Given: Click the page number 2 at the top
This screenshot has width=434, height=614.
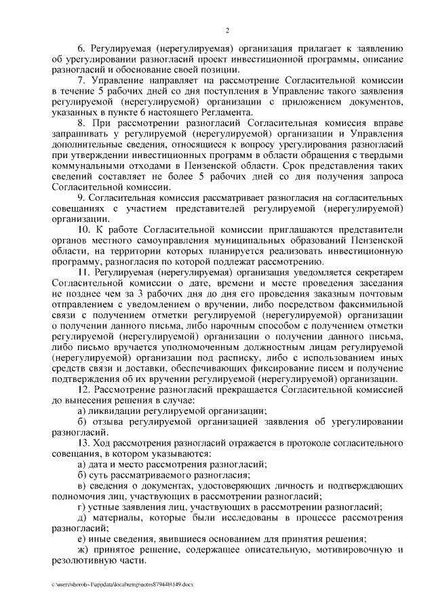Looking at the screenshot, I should click(228, 30).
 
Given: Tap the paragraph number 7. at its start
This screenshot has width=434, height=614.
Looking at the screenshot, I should click(82, 80).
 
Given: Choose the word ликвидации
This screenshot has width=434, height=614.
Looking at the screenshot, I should click(117, 411).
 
